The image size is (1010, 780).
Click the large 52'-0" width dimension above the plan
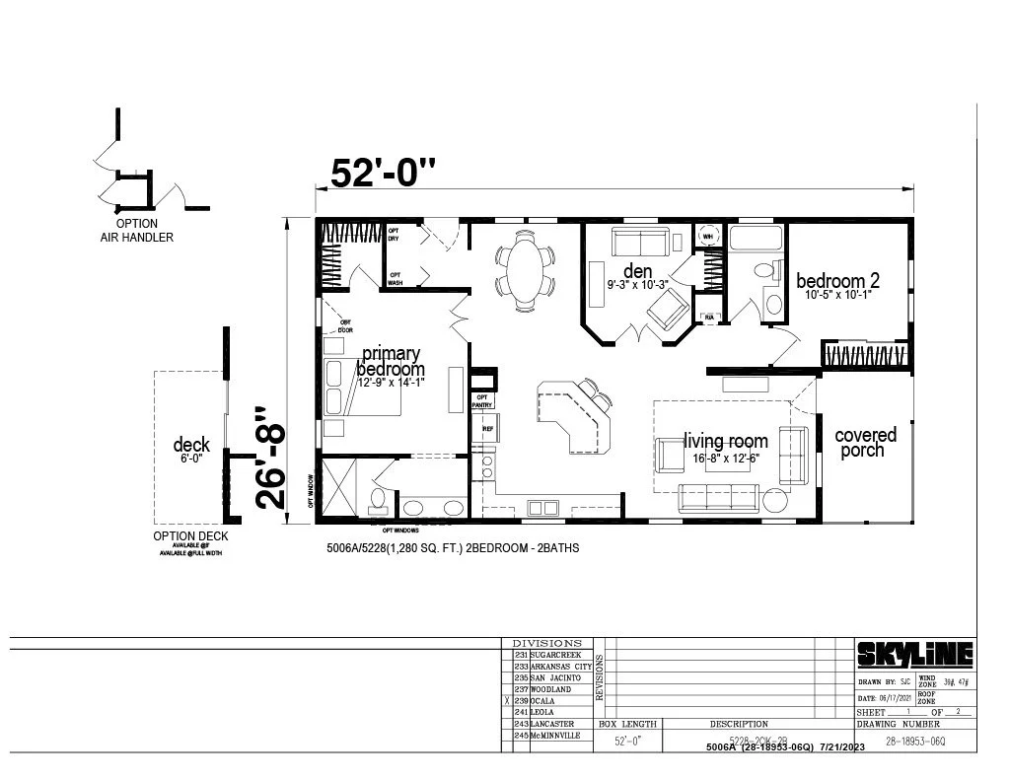[383, 173]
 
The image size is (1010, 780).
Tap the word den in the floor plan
[638, 270]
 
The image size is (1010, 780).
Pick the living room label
[725, 441]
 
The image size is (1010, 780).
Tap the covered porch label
[865, 442]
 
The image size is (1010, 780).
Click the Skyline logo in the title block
[913, 654]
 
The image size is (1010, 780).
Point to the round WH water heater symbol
[707, 236]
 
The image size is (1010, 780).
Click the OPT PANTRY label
[482, 401]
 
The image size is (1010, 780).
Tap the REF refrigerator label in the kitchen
[487, 429]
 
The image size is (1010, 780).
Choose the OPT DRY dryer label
[393, 234]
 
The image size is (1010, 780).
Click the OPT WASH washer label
[395, 279]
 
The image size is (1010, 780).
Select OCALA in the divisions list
[543, 701]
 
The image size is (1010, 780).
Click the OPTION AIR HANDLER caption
[136, 231]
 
